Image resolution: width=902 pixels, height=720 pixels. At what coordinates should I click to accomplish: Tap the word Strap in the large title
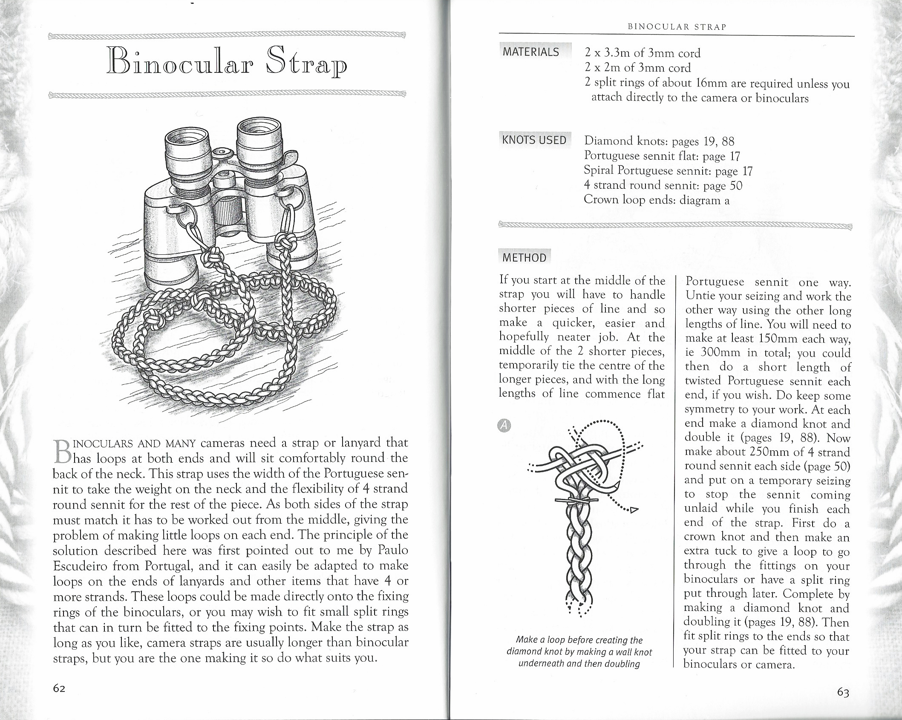pyautogui.click(x=306, y=65)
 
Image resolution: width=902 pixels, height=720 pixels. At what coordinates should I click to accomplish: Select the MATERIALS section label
pyautogui.click(x=530, y=52)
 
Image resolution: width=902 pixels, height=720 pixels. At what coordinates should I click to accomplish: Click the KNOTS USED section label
pyautogui.click(x=534, y=140)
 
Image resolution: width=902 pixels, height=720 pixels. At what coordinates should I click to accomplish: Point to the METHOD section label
pyautogui.click(x=524, y=258)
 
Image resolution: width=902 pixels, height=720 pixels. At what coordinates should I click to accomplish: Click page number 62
pyautogui.click(x=59, y=688)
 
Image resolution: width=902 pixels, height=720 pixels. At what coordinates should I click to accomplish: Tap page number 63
pyautogui.click(x=843, y=693)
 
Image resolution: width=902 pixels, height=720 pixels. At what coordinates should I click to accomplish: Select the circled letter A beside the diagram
pyautogui.click(x=504, y=425)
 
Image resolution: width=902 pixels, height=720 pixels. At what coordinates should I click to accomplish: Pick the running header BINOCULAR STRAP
pyautogui.click(x=677, y=27)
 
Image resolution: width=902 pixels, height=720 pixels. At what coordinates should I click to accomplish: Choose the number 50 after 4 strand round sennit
pyautogui.click(x=736, y=185)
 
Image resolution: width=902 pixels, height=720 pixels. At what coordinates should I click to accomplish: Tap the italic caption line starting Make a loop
pyautogui.click(x=579, y=640)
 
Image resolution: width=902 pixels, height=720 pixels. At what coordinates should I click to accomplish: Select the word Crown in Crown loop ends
pyautogui.click(x=601, y=199)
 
